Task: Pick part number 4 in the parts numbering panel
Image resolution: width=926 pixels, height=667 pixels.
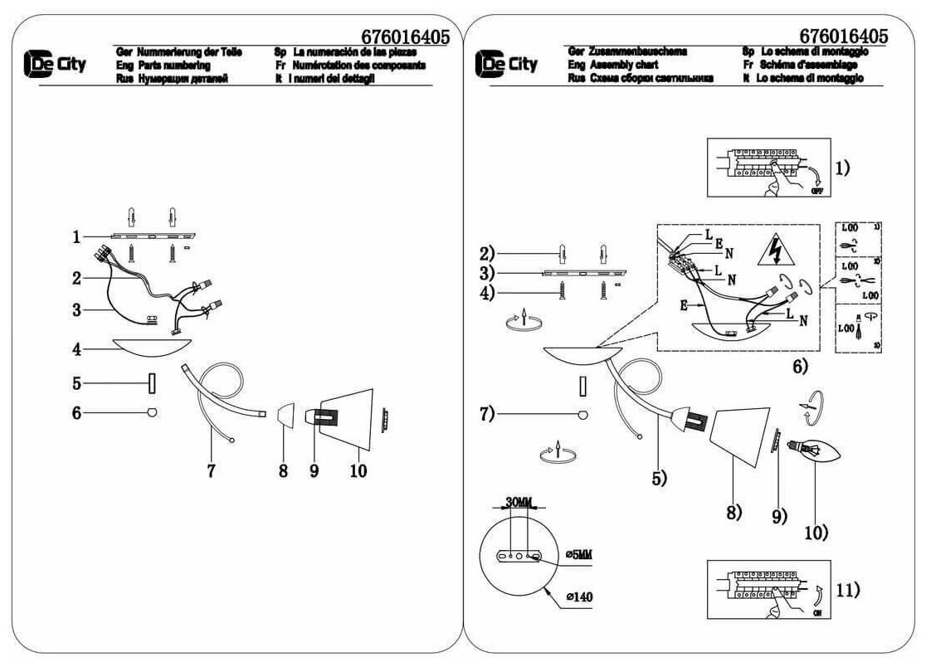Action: click(76, 349)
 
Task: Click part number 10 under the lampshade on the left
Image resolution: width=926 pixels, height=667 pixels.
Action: click(358, 470)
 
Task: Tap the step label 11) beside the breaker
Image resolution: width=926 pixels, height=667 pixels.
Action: click(846, 591)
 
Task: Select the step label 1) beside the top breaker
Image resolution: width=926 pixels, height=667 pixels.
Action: click(842, 168)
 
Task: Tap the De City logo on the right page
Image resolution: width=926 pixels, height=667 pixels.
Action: click(507, 64)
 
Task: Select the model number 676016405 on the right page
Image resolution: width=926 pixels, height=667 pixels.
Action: click(844, 37)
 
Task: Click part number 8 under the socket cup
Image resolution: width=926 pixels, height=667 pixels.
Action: click(283, 470)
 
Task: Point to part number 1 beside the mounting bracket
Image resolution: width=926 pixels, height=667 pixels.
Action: click(76, 237)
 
